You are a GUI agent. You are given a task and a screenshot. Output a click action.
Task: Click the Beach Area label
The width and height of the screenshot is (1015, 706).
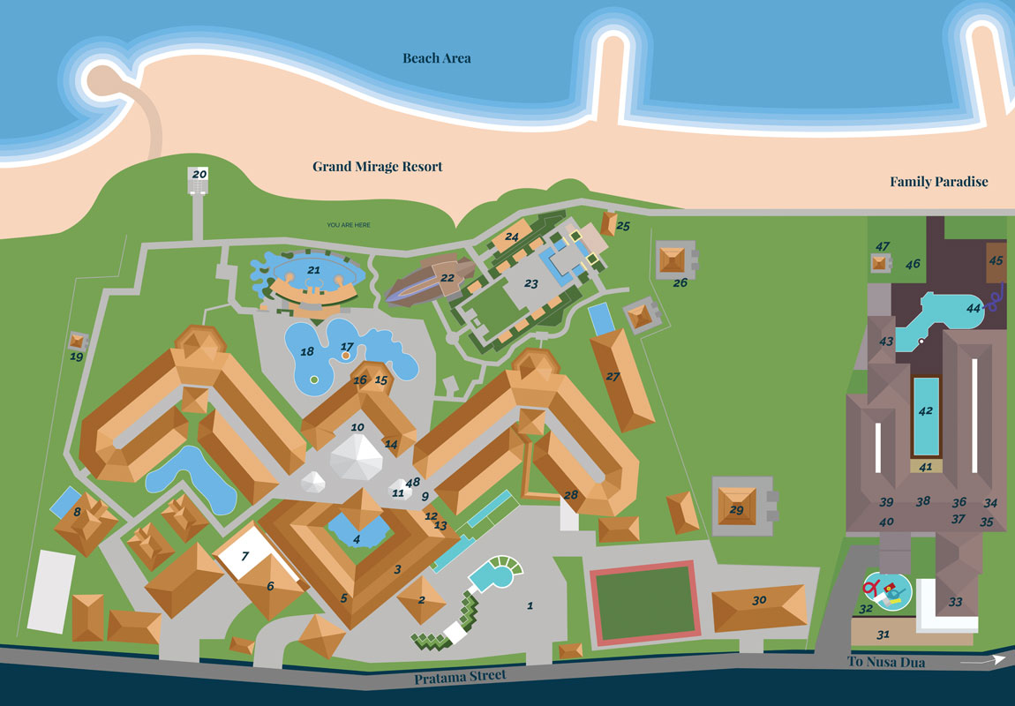coord(437,58)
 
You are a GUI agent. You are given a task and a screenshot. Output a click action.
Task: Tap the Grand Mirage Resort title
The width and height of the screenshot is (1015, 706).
coord(378,167)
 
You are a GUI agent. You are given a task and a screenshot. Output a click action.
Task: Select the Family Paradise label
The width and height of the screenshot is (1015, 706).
coord(938,182)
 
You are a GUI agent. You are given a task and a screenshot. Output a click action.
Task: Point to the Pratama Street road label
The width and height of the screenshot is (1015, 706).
coord(461,676)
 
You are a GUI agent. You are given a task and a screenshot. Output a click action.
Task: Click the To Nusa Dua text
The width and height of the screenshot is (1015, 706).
coord(886,662)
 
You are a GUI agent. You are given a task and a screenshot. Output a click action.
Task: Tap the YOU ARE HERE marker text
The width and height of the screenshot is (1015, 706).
coord(349,225)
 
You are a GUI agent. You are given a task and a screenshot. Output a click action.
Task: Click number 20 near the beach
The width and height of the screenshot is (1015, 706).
coord(199,175)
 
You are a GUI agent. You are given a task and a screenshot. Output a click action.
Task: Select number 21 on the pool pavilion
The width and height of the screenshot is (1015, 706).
coord(313,269)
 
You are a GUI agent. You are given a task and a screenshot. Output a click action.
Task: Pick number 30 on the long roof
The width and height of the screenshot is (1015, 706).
coord(759,600)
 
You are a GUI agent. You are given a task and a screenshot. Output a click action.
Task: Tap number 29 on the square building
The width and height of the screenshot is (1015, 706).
coord(736,510)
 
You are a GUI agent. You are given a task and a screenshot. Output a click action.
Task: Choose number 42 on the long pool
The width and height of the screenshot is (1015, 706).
coord(925,411)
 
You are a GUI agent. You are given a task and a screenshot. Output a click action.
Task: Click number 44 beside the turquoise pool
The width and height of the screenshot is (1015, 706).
coord(974,309)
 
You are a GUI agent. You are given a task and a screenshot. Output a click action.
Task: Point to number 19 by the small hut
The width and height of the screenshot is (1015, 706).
coord(77,357)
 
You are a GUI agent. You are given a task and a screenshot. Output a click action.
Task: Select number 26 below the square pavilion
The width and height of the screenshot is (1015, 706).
coord(680,283)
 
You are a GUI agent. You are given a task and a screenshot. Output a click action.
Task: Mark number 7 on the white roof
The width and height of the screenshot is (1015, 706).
coord(245,555)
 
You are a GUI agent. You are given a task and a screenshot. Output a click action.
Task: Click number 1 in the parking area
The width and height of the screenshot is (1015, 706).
coord(530,605)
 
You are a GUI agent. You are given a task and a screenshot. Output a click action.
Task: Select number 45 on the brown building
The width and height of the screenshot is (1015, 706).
coord(996,261)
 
